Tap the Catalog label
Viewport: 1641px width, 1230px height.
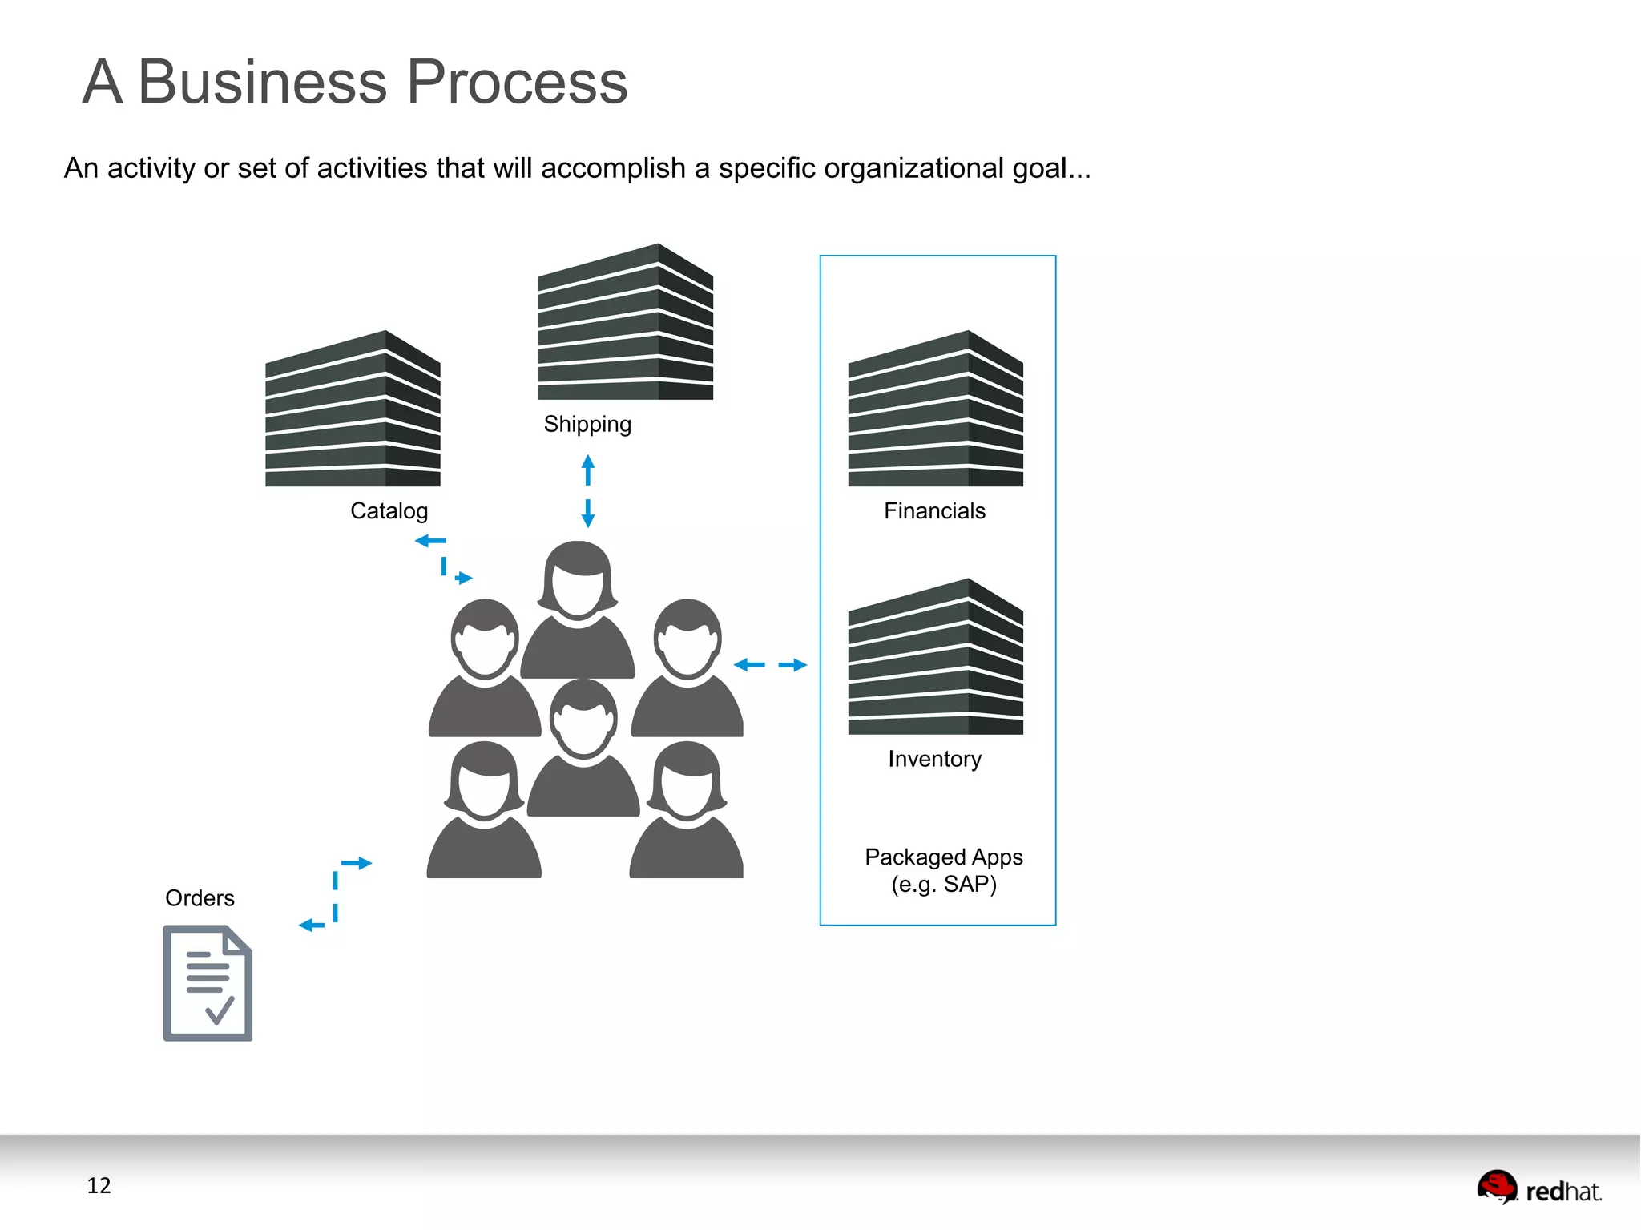[389, 511]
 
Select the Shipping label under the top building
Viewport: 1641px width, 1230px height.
[587, 424]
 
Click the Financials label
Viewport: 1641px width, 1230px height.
[934, 511]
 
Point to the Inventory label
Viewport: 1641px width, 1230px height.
[934, 759]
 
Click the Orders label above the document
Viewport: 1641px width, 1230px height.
[200, 898]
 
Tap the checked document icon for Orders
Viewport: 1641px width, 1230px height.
[208, 983]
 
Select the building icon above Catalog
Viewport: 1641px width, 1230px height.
[353, 409]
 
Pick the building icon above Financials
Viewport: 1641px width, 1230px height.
[935, 409]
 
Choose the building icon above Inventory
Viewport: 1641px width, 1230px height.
[935, 657]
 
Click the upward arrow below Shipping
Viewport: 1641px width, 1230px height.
[587, 470]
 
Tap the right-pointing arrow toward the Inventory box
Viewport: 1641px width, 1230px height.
[793, 665]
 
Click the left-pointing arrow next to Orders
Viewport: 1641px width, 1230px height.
[311, 926]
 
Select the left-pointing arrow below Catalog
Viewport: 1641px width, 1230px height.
[429, 541]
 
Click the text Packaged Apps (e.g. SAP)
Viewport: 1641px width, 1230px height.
[943, 871]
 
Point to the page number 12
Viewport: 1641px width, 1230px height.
[99, 1185]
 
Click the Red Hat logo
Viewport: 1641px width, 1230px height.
[1538, 1188]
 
